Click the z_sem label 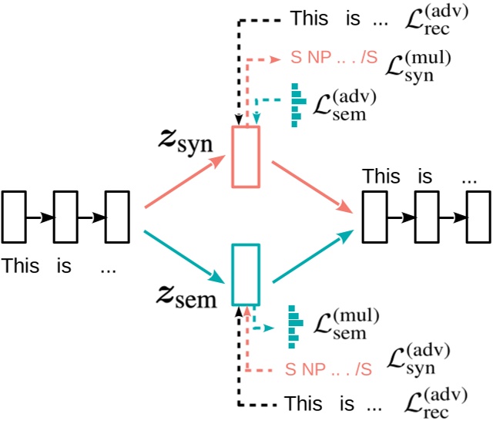188,295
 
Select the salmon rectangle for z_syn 246,156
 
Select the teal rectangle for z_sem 246,274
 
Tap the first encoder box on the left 15,217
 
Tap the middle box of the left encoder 65,217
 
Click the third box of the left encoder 116,217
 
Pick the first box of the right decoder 374,217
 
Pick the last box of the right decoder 477,217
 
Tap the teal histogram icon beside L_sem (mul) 293,325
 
